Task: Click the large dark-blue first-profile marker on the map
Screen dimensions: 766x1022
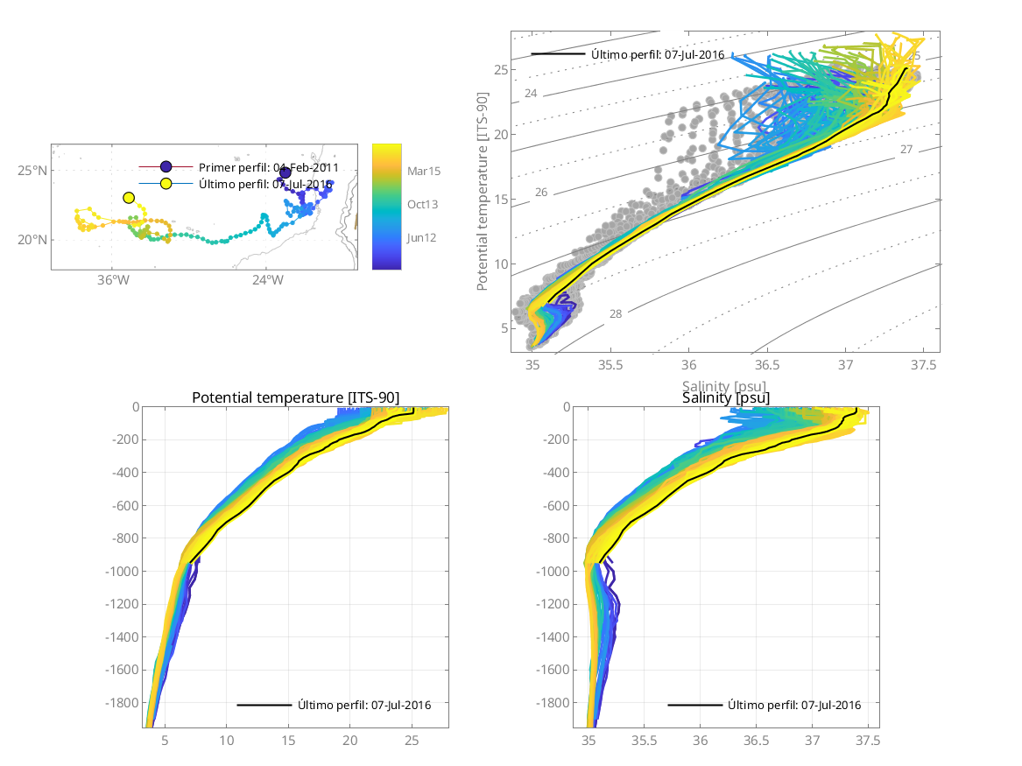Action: click(x=285, y=172)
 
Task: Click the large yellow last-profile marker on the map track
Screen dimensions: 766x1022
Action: click(x=130, y=198)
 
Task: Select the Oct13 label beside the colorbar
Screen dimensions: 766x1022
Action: click(x=422, y=204)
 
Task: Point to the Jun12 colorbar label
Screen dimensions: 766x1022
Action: click(x=422, y=237)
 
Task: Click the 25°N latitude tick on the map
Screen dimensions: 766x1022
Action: click(x=32, y=170)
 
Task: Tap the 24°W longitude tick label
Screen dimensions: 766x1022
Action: click(x=267, y=280)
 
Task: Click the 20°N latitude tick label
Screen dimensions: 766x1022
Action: click(x=32, y=240)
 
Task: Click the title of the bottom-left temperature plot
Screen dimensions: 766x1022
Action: click(x=295, y=398)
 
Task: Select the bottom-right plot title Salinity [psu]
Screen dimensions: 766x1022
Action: click(x=726, y=398)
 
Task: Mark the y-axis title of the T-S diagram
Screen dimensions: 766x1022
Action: click(x=483, y=194)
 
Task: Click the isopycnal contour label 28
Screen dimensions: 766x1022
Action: click(x=616, y=313)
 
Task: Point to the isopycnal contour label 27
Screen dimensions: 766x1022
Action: click(x=906, y=150)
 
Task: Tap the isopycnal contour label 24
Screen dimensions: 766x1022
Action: click(x=531, y=94)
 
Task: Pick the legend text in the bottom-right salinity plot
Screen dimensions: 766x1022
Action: click(x=793, y=705)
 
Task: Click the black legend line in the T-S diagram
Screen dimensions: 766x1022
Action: click(x=557, y=55)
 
